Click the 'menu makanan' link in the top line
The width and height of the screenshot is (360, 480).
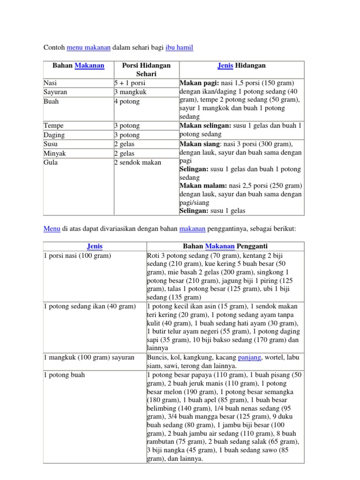[89, 47]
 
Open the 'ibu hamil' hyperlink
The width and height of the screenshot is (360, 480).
[179, 47]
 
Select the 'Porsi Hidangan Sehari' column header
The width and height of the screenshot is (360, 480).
[146, 69]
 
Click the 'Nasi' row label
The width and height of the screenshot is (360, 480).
[50, 83]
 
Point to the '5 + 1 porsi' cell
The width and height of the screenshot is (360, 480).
[130, 83]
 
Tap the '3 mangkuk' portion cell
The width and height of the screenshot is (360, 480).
[129, 92]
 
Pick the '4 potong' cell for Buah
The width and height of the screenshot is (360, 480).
[127, 101]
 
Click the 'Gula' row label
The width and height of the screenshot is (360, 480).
[50, 163]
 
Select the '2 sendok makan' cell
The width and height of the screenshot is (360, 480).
[137, 163]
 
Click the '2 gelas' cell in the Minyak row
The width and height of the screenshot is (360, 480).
[124, 153]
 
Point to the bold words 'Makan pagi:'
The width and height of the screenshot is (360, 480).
[196, 83]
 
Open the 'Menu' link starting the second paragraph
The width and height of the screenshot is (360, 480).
[52, 229]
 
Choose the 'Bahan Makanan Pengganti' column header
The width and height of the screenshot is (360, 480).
[225, 246]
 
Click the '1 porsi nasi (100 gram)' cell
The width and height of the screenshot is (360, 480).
[77, 255]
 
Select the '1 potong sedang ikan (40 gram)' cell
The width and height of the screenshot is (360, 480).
[89, 306]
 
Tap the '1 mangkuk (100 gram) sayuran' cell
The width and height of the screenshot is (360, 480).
[89, 357]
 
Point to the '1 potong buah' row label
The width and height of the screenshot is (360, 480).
[64, 375]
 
